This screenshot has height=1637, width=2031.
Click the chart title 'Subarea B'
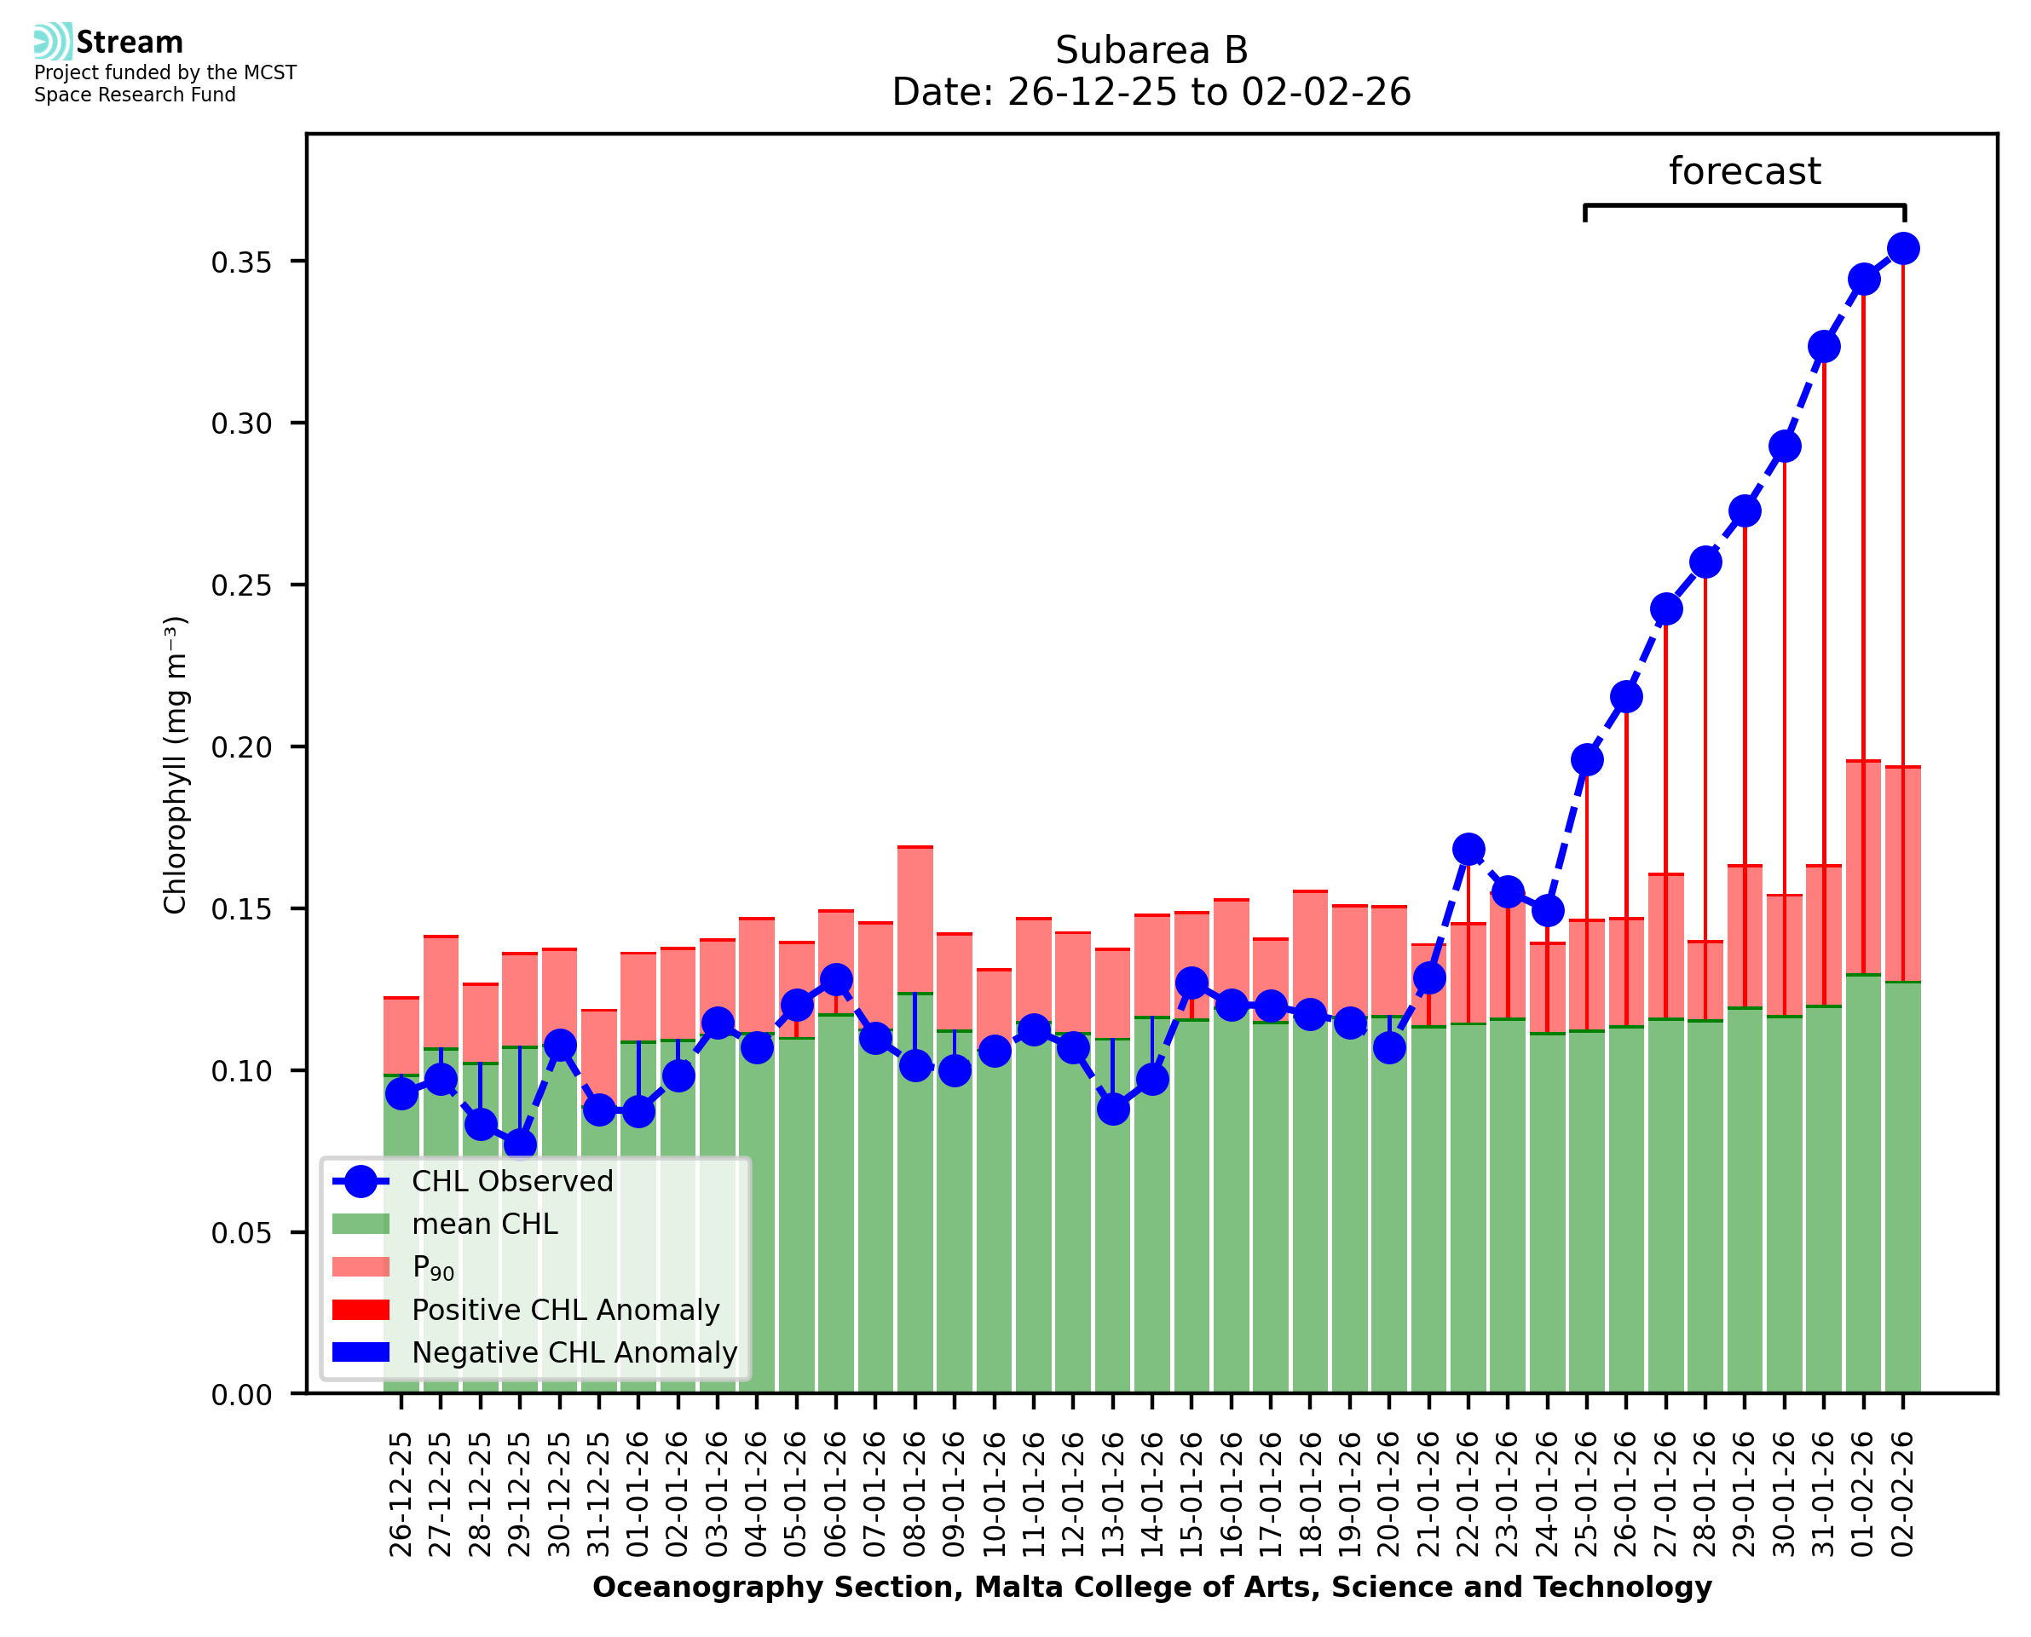(1151, 50)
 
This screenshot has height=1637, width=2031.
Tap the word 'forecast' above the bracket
(1744, 171)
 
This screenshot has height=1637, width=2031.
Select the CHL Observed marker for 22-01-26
(1467, 849)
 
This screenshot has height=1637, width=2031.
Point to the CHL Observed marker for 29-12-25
(520, 1145)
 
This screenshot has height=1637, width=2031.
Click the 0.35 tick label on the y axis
(241, 263)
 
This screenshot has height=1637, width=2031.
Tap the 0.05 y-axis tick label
(241, 1233)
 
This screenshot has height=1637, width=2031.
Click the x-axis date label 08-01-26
(915, 1495)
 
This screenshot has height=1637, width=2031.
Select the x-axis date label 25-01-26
(1586, 1495)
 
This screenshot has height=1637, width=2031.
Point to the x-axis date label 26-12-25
(401, 1495)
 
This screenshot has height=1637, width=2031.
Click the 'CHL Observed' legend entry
(512, 1182)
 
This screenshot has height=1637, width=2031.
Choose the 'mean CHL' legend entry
(485, 1224)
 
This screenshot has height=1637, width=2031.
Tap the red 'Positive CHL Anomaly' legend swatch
(361, 1310)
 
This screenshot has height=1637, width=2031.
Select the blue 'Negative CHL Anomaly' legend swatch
(361, 1352)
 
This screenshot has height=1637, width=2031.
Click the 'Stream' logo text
(130, 43)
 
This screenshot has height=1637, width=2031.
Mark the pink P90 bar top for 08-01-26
(915, 848)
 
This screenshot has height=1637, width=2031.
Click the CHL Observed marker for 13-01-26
(1112, 1109)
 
